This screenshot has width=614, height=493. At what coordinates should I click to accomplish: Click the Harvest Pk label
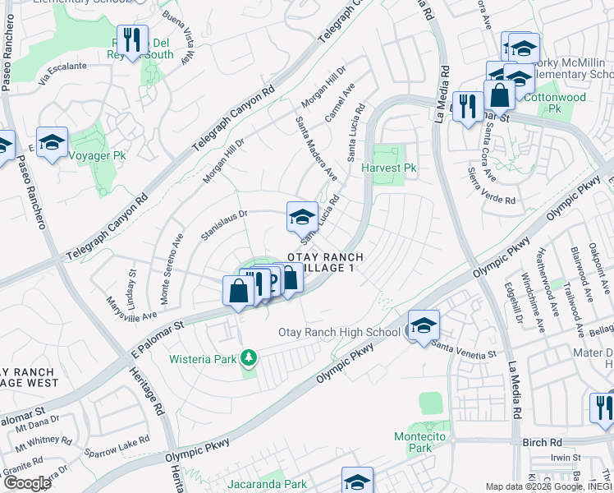(390, 168)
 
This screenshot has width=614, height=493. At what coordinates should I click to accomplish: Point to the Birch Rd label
(542, 442)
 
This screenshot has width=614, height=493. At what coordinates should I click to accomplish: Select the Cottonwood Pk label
(555, 102)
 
